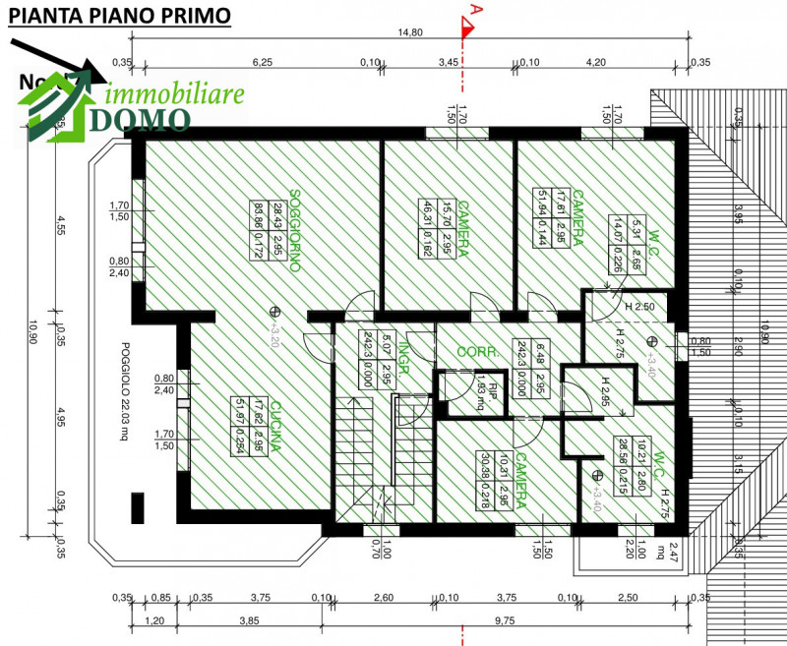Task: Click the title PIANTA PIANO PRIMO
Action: point(121,17)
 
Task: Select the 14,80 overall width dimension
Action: point(410,32)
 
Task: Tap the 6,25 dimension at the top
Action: point(263,62)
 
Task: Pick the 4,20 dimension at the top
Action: point(595,62)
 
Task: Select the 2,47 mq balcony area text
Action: point(673,557)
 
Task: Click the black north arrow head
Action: point(95,71)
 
